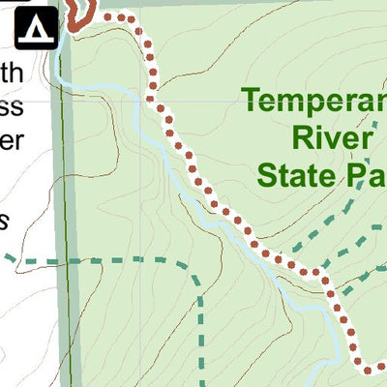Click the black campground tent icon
click(36, 25)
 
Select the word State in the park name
click(294, 176)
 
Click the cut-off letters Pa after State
click(363, 176)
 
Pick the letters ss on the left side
click(12, 104)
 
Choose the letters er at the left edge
click(12, 137)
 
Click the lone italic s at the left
click(5, 221)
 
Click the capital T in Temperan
click(253, 100)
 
